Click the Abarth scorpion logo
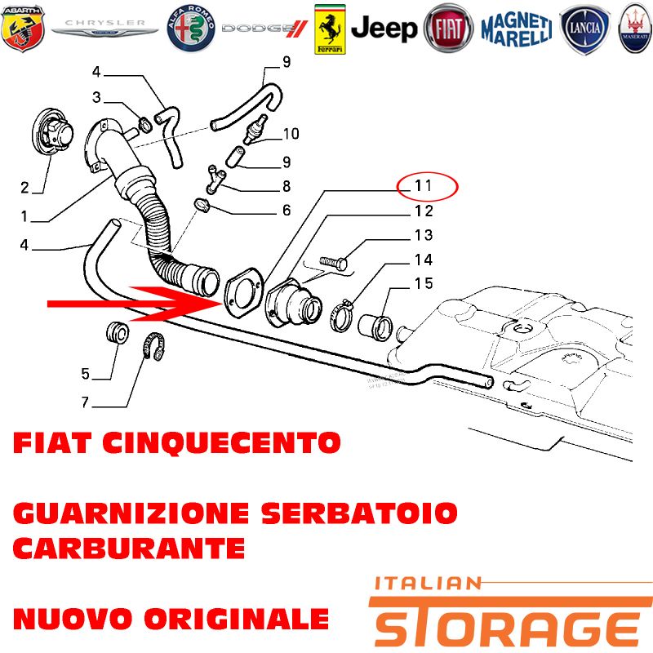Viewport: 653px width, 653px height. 23,28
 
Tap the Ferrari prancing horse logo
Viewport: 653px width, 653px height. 330,29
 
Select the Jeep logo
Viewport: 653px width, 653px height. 384,29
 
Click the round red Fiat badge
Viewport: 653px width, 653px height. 448,29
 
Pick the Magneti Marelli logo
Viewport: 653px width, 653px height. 517,29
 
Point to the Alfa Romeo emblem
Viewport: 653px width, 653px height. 191,29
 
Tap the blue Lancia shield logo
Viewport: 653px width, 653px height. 584,29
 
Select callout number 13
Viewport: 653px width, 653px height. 424,235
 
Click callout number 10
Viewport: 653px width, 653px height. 291,134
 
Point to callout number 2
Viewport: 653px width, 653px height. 25,188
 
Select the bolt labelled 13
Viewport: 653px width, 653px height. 333,262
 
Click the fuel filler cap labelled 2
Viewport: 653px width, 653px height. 53,133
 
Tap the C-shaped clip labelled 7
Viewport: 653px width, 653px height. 154,346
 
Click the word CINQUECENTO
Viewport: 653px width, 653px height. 221,442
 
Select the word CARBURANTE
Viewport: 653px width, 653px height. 129,548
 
